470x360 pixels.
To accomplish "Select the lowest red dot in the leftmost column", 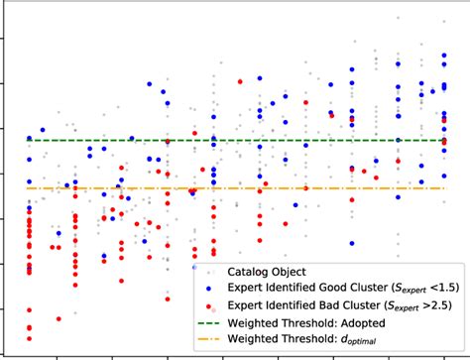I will tap(29, 326).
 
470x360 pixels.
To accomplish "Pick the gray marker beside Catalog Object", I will tap(209, 270).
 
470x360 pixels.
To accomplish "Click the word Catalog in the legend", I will tap(253, 270).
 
